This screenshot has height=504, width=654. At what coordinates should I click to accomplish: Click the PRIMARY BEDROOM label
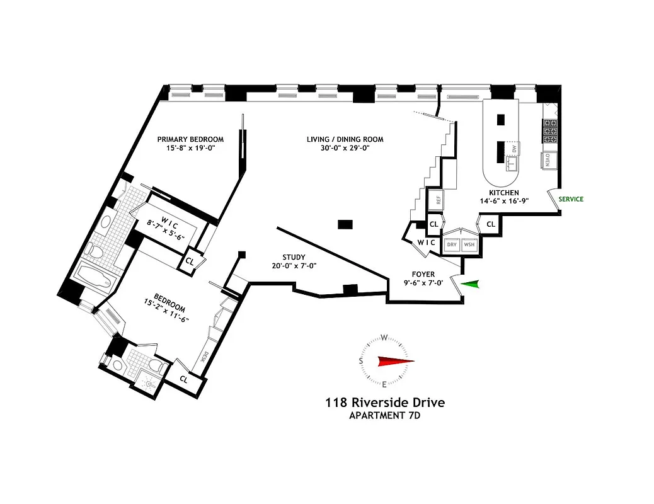pyautogui.click(x=190, y=139)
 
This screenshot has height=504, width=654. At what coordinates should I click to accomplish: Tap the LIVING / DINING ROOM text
pyautogui.click(x=345, y=139)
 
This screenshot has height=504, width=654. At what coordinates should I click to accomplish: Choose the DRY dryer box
pyautogui.click(x=452, y=244)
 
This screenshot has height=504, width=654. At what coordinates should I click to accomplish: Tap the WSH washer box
pyautogui.click(x=469, y=244)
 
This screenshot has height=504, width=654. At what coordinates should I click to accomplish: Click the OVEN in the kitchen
pyautogui.click(x=548, y=160)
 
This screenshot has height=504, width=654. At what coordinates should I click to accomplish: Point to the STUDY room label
pyautogui.click(x=294, y=257)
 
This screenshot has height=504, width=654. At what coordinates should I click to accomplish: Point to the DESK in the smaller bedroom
pyautogui.click(x=203, y=357)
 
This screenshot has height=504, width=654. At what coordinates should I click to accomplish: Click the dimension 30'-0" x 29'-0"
pyautogui.click(x=345, y=149)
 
